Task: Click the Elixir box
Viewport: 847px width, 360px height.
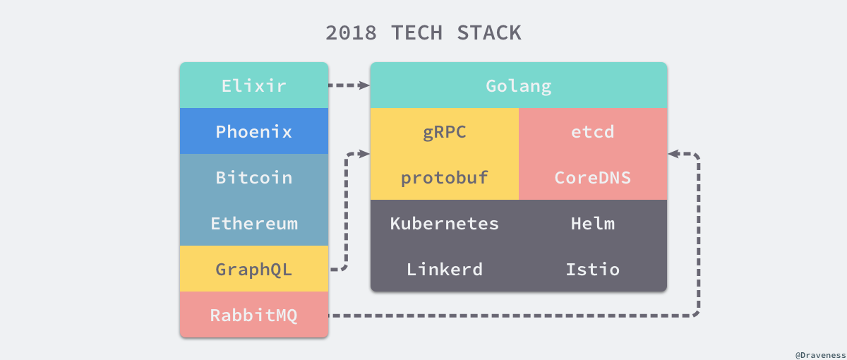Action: point(253,85)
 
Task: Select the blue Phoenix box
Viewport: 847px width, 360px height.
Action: point(253,131)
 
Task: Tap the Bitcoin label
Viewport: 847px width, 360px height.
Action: point(253,177)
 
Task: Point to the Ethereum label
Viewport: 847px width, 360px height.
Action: point(253,224)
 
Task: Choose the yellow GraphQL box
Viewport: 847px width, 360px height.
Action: point(253,269)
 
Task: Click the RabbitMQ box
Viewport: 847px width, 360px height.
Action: point(253,315)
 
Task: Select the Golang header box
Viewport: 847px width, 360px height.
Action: point(518,85)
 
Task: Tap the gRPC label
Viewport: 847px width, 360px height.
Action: point(444,131)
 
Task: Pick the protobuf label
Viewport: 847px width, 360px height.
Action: point(444,177)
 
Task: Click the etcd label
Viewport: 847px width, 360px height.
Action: point(592,131)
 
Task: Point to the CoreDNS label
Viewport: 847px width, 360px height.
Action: point(592,177)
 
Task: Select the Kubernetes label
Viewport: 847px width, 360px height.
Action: point(444,224)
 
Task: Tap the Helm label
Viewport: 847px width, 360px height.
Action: point(592,224)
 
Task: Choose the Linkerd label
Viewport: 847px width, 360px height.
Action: point(444,269)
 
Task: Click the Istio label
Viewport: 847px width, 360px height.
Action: point(592,269)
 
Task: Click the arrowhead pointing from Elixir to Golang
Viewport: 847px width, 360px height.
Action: point(364,85)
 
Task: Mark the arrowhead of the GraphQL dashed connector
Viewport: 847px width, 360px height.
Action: point(364,153)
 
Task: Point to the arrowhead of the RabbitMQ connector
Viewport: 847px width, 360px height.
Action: point(674,153)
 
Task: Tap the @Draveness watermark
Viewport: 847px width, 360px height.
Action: point(819,351)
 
